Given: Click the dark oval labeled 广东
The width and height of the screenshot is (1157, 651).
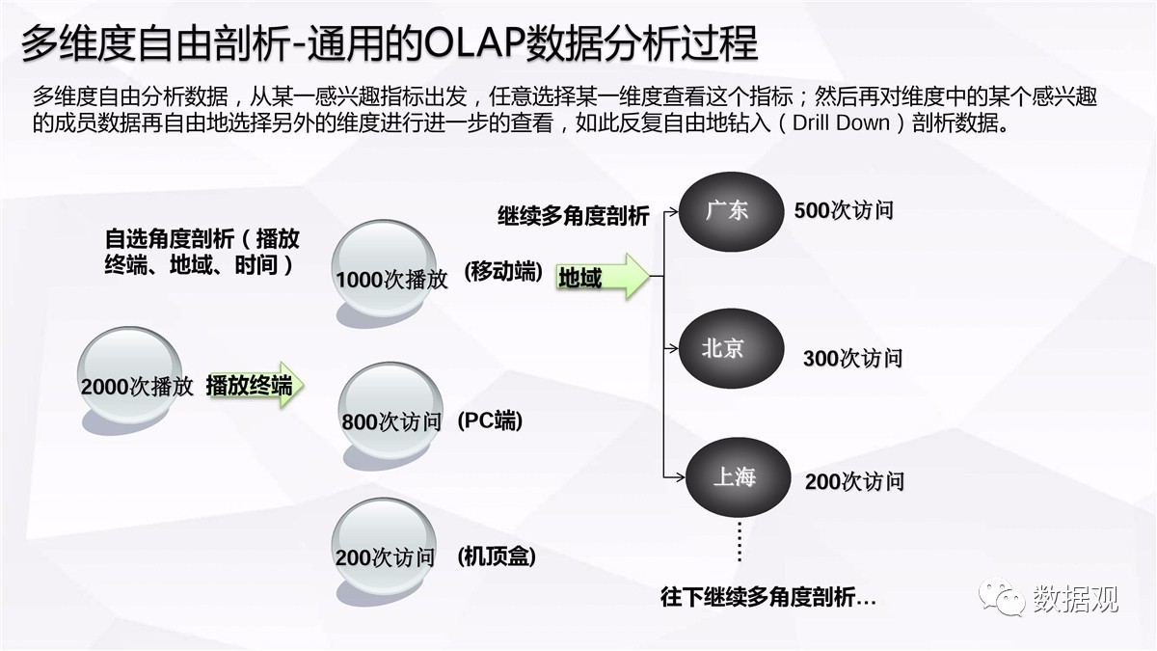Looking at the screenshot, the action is [731, 212].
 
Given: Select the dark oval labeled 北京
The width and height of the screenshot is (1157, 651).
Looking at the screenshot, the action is [731, 348].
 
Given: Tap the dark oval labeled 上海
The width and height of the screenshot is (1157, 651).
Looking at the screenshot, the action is [739, 477].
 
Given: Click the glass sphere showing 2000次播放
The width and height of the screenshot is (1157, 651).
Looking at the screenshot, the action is [129, 375].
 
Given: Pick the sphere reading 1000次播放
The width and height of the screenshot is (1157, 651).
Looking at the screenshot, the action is [385, 269].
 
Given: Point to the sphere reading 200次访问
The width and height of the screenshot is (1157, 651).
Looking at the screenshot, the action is [384, 547].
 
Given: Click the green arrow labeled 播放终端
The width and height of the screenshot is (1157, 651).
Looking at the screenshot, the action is [256, 385].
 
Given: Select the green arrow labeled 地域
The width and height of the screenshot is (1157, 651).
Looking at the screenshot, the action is [603, 277].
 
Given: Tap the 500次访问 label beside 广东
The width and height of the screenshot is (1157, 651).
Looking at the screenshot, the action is [844, 210].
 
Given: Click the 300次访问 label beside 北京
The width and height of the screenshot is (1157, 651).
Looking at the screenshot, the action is [852, 358].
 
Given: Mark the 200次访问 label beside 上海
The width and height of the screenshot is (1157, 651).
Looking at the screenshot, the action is [854, 481].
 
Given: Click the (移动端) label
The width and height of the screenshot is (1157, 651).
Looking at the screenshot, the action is [503, 272].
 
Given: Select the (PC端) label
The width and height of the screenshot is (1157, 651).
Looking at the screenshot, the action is [490, 421].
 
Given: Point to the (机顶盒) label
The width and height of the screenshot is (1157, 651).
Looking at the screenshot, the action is [497, 556].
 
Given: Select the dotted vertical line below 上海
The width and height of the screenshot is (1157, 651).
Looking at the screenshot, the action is [740, 541].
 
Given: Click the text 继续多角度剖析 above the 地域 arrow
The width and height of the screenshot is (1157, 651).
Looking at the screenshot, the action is [574, 216].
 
